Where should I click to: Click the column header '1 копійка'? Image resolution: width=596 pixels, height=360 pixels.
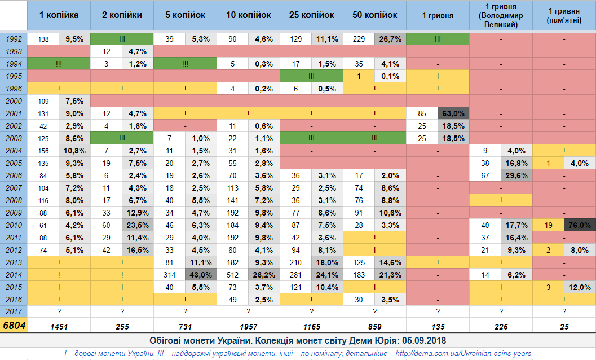pos(59,15)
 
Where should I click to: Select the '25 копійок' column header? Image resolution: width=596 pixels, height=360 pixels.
pos(311,15)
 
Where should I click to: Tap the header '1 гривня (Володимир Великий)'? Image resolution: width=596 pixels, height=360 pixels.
pos(501,15)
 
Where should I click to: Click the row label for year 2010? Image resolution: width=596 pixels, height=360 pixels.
pos(14,225)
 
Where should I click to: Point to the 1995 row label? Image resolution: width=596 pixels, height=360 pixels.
pos(14,76)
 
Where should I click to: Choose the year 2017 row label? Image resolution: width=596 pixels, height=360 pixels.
pos(14,311)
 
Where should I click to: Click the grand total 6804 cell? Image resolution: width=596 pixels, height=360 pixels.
pos(14,326)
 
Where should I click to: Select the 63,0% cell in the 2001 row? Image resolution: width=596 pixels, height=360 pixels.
pos(453,113)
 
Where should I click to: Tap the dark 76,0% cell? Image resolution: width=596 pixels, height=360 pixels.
pos(579,225)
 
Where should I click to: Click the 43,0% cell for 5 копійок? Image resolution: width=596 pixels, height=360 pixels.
pos(201,275)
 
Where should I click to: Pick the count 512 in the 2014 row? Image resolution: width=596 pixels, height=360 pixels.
pos(233,275)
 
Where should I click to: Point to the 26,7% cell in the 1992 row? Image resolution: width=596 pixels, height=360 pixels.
pos(390,39)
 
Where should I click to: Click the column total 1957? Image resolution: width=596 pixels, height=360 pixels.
pos(248,327)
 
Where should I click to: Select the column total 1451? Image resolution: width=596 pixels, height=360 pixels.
pos(59,327)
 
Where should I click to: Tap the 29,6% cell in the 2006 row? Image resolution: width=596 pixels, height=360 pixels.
pos(516,175)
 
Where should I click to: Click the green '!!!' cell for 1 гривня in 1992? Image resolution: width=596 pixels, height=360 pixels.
pos(438,39)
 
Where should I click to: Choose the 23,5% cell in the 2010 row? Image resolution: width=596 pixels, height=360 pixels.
pos(138,225)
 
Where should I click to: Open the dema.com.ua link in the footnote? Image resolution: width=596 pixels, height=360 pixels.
pos(463,354)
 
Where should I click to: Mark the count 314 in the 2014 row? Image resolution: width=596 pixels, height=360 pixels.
pos(170,275)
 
